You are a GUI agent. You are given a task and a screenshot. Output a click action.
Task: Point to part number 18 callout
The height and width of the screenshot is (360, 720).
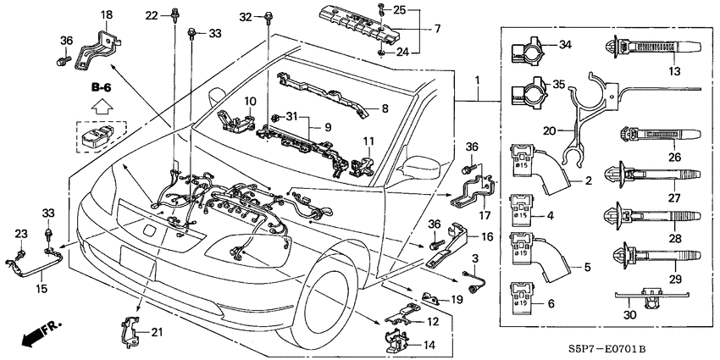[x=107, y=16]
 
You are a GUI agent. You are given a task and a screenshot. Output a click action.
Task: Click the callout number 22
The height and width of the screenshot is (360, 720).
[x=151, y=15]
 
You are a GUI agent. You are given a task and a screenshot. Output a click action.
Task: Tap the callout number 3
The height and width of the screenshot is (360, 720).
[x=474, y=257]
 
